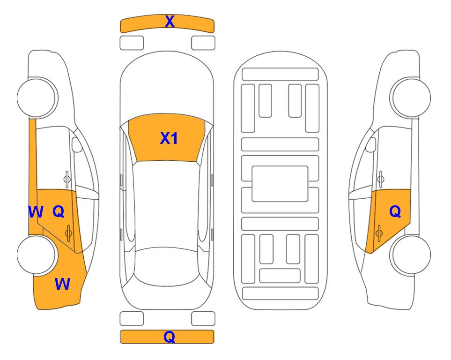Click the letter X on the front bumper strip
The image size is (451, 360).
tap(170, 21)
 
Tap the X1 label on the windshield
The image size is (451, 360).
tap(169, 138)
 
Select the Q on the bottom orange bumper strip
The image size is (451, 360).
tap(170, 337)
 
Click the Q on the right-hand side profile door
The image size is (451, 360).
tap(395, 212)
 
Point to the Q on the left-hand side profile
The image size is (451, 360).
tap(59, 212)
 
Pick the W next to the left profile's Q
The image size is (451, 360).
tap(36, 212)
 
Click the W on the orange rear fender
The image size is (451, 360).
tap(62, 284)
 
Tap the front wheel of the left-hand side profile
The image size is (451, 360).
tap(37, 97)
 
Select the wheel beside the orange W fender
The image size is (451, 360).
tap(37, 255)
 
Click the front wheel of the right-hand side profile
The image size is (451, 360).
tap(410, 97)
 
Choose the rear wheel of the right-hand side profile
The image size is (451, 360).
tap(410, 255)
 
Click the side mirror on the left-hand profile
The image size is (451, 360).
tap(77, 144)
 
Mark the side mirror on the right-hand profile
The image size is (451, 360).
tap(371, 144)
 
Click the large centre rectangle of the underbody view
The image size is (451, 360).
tap(280, 184)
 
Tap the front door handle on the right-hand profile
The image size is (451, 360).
tap(381, 179)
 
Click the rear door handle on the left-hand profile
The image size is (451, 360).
tap(68, 233)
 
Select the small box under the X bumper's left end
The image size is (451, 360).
tap(132, 43)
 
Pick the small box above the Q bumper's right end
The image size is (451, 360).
tap(203, 319)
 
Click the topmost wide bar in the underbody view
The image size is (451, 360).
tap(280, 75)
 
